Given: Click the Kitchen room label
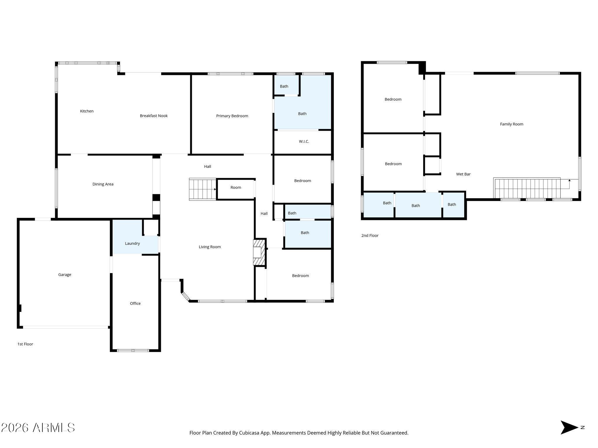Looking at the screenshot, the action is (87, 111).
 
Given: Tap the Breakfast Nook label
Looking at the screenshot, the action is (154, 116).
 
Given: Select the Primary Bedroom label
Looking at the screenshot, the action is (232, 116).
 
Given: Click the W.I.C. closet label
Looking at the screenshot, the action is (304, 141).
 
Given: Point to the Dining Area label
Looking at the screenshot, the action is (103, 184).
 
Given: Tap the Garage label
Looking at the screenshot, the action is (65, 275).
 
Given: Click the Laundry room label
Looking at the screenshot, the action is (132, 244).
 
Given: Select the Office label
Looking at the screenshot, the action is (135, 303).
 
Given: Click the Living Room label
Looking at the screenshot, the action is (210, 247).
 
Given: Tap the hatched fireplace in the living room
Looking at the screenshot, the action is (259, 252).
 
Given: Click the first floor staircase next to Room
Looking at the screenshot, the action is (203, 189).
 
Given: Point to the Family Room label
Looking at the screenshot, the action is (512, 124).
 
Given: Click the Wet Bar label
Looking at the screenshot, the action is (463, 174).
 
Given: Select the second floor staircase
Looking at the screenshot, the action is (527, 188).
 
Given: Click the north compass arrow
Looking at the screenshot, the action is (569, 428).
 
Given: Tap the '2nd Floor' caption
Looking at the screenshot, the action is (370, 235).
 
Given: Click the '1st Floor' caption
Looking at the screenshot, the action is (25, 344).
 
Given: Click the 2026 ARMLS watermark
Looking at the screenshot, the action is (38, 428).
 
